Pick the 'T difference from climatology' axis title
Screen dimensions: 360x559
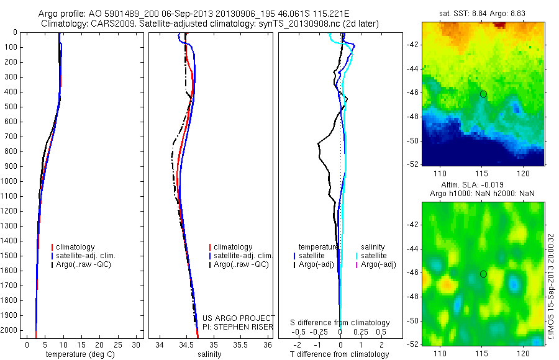(340, 354)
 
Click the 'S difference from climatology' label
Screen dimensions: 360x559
(340, 323)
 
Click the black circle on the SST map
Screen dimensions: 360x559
(483, 94)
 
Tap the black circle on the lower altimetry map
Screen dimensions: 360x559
(483, 274)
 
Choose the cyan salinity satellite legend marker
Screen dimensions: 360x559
(357, 256)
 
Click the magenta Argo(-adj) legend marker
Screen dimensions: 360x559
(357, 264)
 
